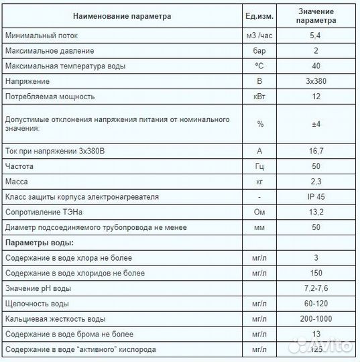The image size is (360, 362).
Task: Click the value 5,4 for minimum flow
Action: pos(316,36)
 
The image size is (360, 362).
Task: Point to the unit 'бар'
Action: pos(260,51)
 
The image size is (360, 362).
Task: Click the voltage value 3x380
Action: pos(316,81)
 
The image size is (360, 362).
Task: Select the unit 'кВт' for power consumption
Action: pos(260,97)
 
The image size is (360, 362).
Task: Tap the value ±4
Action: pos(316,123)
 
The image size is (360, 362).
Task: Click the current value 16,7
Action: pos(316,151)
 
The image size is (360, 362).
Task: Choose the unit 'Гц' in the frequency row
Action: pos(260,166)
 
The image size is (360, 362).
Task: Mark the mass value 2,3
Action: pos(316,182)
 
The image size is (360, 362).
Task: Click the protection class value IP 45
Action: pos(316,197)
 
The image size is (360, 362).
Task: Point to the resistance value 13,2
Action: pos(316,212)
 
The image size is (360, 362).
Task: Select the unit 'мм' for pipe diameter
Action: pos(260,227)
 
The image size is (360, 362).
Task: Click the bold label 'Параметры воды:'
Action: pos(39,242)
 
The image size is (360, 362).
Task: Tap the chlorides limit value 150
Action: pos(316,273)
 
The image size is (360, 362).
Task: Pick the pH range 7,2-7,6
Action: pos(316,288)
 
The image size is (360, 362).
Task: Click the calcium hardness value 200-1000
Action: pos(316,318)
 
